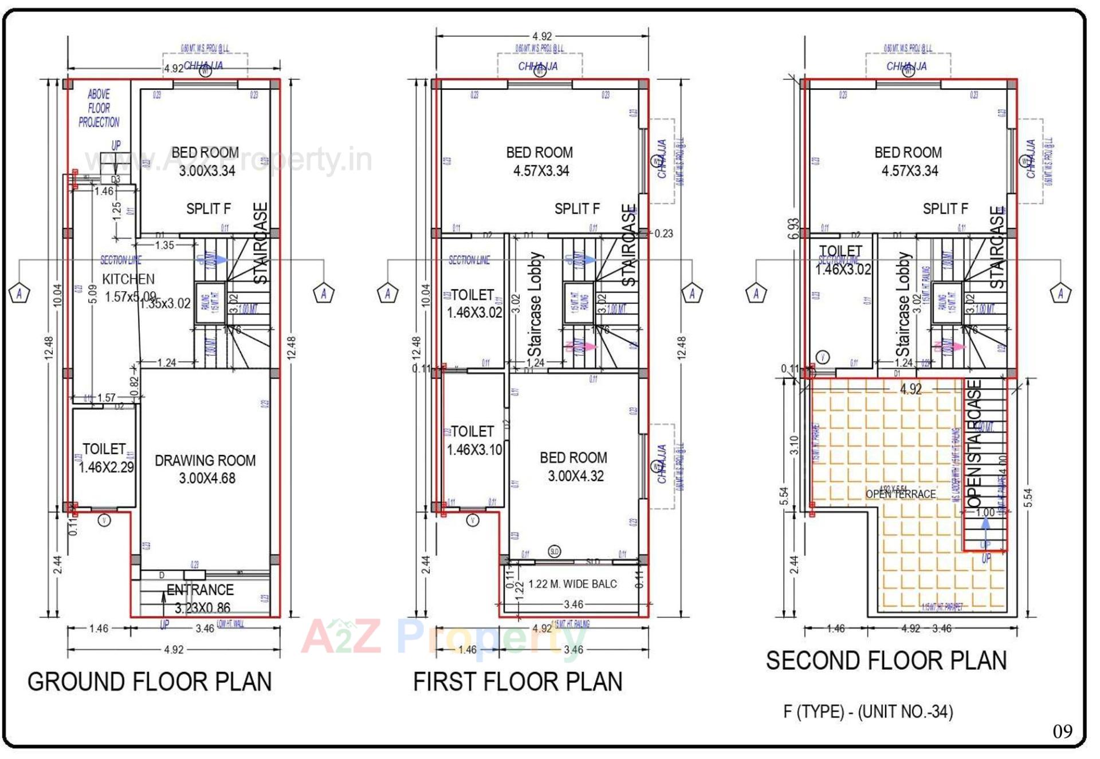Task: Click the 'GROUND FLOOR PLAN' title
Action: pyautogui.click(x=150, y=682)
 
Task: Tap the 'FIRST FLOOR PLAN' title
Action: pyautogui.click(x=517, y=682)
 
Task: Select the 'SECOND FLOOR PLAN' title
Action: pyautogui.click(x=886, y=661)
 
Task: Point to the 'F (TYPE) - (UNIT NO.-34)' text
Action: pyautogui.click(x=868, y=711)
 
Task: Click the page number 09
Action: pyautogui.click(x=1062, y=732)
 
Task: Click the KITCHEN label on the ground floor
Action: pyautogui.click(x=128, y=279)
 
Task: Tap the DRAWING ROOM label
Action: pyautogui.click(x=205, y=461)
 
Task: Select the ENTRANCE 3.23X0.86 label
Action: pyautogui.click(x=201, y=598)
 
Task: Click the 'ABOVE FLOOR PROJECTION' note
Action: pyautogui.click(x=99, y=108)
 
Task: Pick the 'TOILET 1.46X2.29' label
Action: pyautogui.click(x=105, y=458)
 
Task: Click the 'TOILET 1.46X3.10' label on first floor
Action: pyautogui.click(x=473, y=440)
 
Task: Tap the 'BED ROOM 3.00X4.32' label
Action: pyautogui.click(x=574, y=467)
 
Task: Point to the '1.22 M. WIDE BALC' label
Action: pyautogui.click(x=572, y=584)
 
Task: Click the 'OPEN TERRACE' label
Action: pyautogui.click(x=901, y=494)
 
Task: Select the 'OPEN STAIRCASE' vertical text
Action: pyautogui.click(x=975, y=444)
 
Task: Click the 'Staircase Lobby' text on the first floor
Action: pyautogui.click(x=535, y=305)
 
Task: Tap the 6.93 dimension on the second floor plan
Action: pyautogui.click(x=793, y=228)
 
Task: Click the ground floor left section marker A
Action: pyautogui.click(x=19, y=293)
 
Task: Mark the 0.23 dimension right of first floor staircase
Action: pyautogui.click(x=663, y=234)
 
